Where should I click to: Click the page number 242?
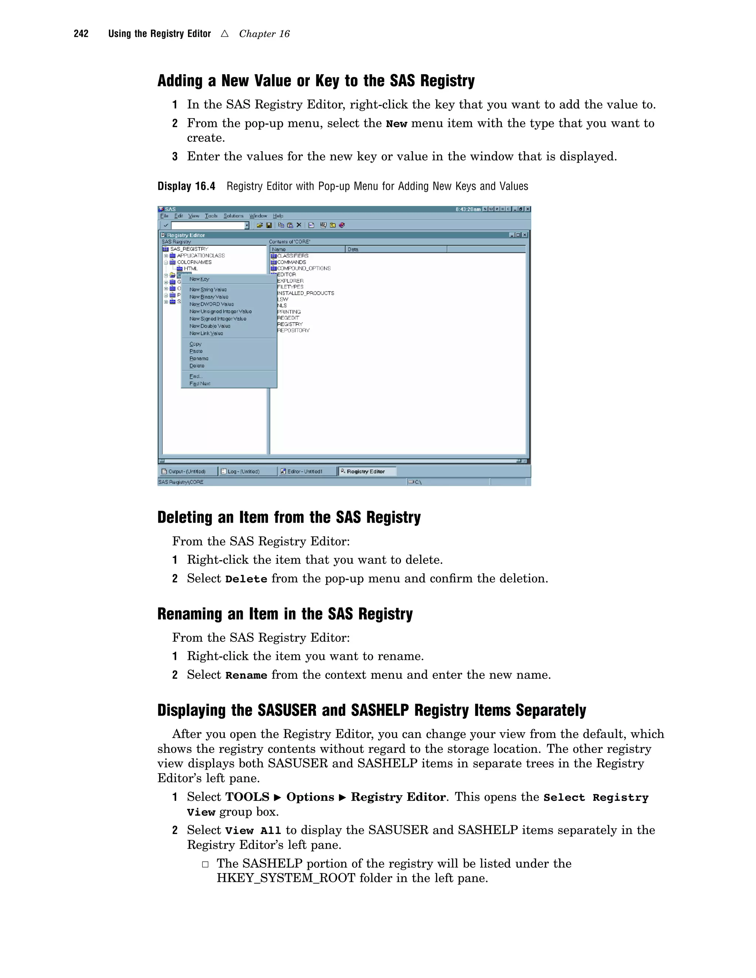point(81,34)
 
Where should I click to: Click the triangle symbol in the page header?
point(225,34)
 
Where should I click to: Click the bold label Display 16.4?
point(186,186)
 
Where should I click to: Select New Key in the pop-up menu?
point(199,279)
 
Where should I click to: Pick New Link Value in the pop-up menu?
point(206,333)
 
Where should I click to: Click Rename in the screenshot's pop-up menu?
point(199,358)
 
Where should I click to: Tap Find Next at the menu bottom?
point(200,383)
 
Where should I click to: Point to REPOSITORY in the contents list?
point(293,330)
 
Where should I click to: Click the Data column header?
point(353,249)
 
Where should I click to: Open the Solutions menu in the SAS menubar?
point(233,216)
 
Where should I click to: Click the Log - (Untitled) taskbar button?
point(243,471)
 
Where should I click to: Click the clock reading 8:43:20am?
point(468,209)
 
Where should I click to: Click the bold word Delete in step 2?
point(246,579)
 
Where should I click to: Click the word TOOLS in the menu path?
point(247,797)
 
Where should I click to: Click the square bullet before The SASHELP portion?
point(205,864)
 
